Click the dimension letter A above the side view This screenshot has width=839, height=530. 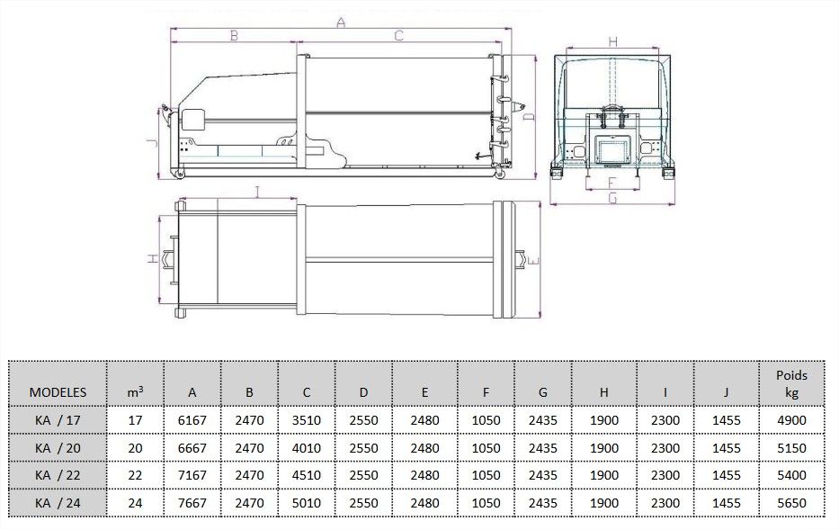coord(340,23)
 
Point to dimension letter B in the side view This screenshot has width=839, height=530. coord(233,36)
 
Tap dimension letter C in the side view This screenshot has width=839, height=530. coord(397,36)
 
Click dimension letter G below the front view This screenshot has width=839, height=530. coord(611,198)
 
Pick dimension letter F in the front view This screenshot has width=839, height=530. coord(611,180)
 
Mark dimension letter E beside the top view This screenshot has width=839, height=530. coord(532,260)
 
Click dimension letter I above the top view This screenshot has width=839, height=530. coord(257,190)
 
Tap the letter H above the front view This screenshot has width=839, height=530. coord(611,41)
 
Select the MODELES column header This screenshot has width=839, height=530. coord(58,392)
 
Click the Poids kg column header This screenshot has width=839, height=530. coord(790,384)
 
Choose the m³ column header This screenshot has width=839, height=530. coord(135,392)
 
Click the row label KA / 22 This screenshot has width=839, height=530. coord(58,475)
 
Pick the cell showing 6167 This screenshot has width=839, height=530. coord(192,420)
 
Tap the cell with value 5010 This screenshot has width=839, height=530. coord(307,503)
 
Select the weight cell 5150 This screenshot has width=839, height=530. coord(790,447)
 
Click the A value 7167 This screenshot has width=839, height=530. coord(192,475)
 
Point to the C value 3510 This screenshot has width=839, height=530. coord(307,420)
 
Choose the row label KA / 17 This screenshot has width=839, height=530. coord(58,420)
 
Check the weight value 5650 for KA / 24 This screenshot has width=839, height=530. coord(790,503)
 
